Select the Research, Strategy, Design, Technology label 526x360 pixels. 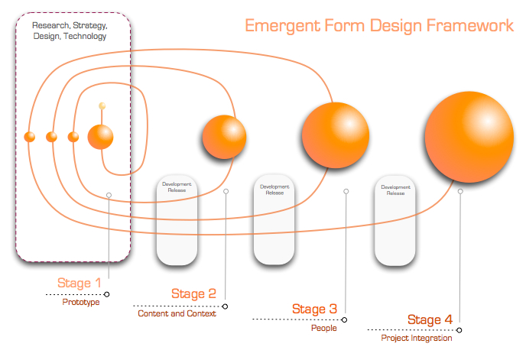(x=69, y=31)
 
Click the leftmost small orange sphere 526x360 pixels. (x=30, y=137)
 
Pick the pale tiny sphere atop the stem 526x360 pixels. (x=102, y=105)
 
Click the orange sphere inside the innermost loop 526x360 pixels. (x=100, y=137)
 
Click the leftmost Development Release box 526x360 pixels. (x=177, y=221)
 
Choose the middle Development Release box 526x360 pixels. (x=274, y=221)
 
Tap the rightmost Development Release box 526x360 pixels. (x=395, y=221)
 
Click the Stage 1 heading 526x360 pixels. (x=79, y=284)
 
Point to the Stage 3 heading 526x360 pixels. (x=314, y=310)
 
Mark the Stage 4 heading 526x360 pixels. (x=430, y=320)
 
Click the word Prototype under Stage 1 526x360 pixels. (x=81, y=302)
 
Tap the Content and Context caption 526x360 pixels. (x=177, y=313)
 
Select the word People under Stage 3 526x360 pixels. (x=323, y=328)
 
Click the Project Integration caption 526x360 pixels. (x=417, y=338)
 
